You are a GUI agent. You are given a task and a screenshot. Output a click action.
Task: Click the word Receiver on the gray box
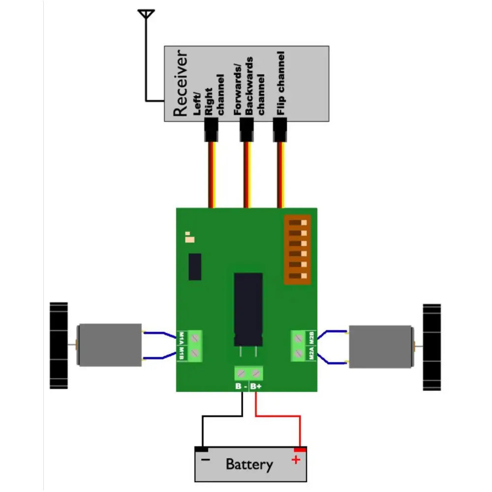pyautogui.click(x=181, y=83)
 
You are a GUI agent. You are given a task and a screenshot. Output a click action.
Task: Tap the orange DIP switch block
pyautogui.click(x=298, y=250)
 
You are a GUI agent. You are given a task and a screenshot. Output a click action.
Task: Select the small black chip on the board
pyautogui.click(x=195, y=267)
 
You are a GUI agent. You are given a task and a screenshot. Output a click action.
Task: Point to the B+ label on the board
pyautogui.click(x=256, y=387)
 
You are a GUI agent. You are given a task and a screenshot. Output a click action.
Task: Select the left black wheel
pyautogui.click(x=58, y=345)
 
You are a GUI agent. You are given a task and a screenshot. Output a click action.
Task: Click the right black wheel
pyautogui.click(x=432, y=347)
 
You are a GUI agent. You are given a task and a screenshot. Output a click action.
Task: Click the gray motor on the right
pyautogui.click(x=380, y=346)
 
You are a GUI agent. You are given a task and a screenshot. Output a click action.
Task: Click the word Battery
pyautogui.click(x=249, y=464)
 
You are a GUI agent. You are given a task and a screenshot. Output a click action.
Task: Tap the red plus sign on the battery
pyautogui.click(x=296, y=460)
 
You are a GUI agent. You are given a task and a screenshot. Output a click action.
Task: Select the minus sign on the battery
pyautogui.click(x=205, y=459)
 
